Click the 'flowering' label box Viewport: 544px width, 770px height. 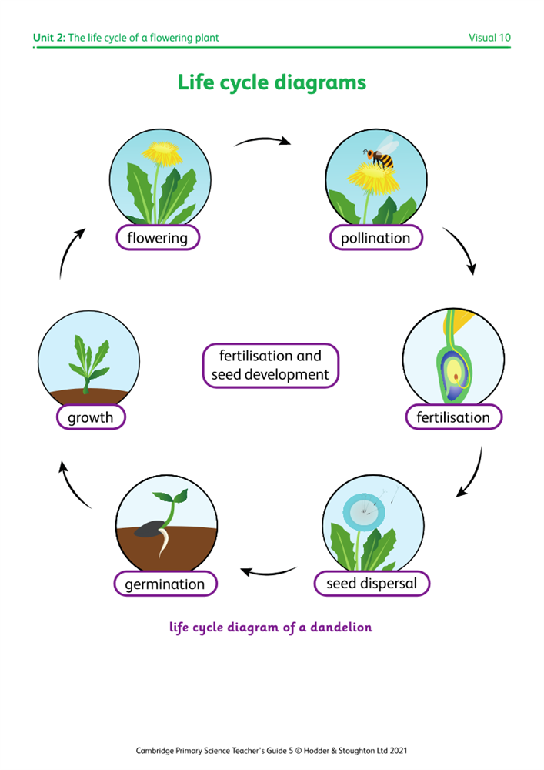coord(157,238)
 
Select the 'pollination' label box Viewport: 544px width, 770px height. coord(375,238)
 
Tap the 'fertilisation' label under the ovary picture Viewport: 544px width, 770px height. coord(453,417)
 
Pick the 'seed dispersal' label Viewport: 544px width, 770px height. coord(372,584)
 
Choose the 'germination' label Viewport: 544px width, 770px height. coord(165,584)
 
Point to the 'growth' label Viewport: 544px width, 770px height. coord(90,417)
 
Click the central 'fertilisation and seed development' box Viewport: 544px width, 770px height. coord(270,366)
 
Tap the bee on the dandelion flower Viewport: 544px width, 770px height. coord(380,158)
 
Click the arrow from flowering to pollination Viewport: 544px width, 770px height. coord(262,141)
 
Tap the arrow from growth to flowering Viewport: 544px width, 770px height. coord(70,251)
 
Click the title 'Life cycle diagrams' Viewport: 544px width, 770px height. coord(272,82)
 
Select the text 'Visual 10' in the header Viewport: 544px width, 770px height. coord(489,38)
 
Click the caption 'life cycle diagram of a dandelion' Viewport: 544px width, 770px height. coord(271,628)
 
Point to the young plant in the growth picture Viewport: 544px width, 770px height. coord(88,361)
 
